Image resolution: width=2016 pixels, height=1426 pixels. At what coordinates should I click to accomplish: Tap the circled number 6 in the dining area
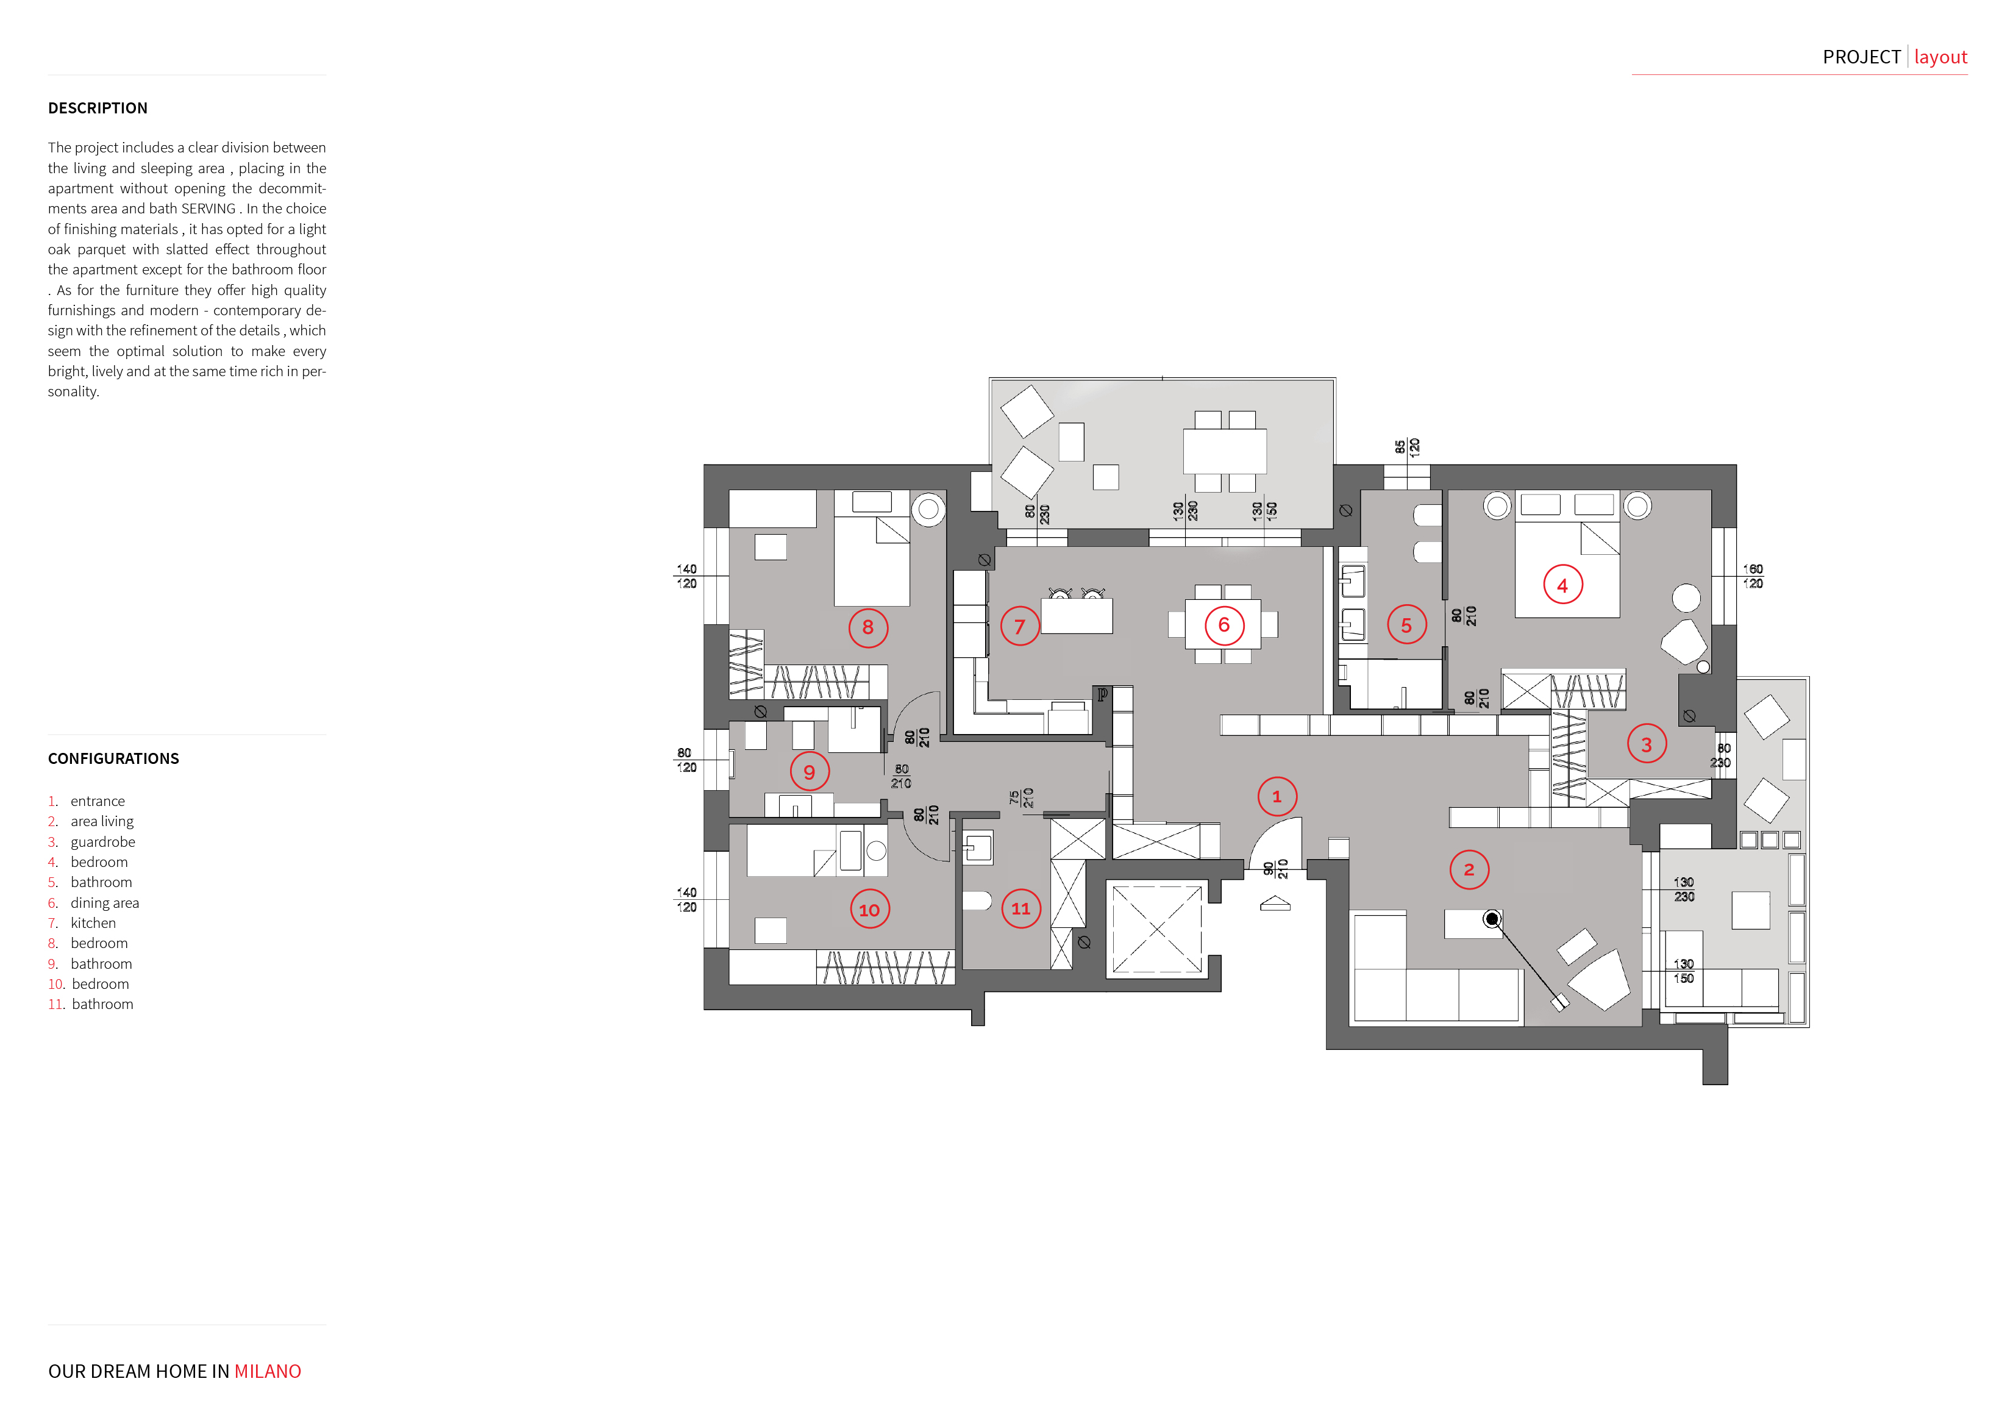point(1224,625)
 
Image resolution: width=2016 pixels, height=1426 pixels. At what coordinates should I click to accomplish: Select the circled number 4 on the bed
point(1563,585)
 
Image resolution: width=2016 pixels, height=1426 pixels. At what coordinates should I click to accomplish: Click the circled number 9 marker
point(809,772)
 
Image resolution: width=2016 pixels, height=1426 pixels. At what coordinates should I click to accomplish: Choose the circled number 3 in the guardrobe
point(1647,744)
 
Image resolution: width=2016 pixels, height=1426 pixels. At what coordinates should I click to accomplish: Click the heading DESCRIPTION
point(98,108)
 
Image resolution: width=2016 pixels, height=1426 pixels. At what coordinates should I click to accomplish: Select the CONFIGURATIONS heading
point(113,758)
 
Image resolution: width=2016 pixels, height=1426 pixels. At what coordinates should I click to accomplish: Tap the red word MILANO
point(267,1372)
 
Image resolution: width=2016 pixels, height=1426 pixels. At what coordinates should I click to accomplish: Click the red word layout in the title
point(1940,57)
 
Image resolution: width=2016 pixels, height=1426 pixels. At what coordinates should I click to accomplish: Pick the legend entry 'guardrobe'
point(103,841)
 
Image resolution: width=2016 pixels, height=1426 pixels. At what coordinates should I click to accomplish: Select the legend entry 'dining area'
point(104,903)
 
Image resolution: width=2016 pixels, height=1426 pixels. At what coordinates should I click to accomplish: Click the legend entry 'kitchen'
point(93,923)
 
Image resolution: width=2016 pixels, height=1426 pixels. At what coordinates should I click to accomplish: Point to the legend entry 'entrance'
point(98,801)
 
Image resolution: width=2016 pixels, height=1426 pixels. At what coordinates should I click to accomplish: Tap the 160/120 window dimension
point(1753,576)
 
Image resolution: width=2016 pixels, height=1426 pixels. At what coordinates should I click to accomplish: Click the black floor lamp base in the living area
point(1491,919)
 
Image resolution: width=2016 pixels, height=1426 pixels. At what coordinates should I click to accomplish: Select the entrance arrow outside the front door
point(1275,904)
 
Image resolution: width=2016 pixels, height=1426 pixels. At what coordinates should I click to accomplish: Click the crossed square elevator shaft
point(1157,929)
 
